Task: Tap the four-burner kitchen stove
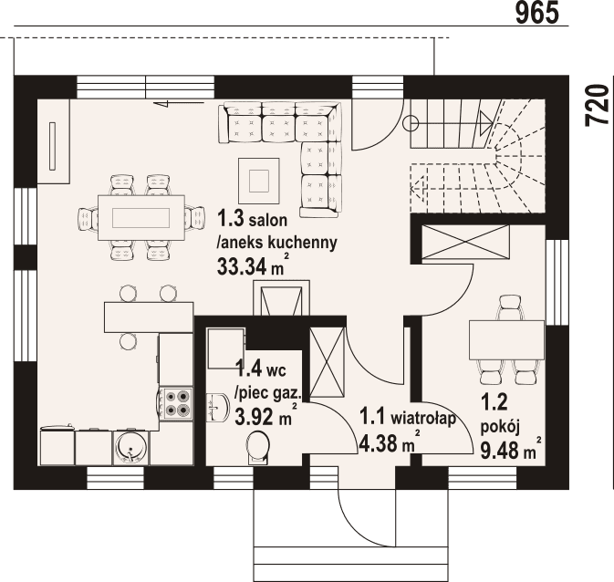(x=174, y=401)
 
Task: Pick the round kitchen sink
(x=130, y=447)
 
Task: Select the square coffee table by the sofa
(x=258, y=177)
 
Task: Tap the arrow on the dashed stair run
(x=420, y=189)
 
